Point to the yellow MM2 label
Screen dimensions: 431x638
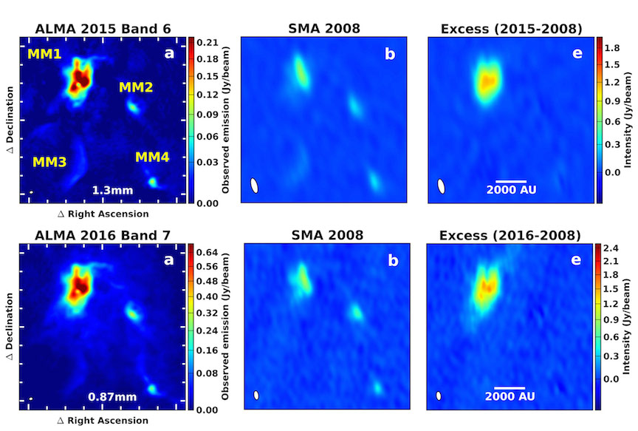pyautogui.click(x=136, y=88)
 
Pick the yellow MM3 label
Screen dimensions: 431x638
pyautogui.click(x=49, y=161)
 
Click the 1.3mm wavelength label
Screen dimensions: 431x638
pyautogui.click(x=112, y=191)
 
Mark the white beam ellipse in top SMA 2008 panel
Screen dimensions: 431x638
pyautogui.click(x=254, y=186)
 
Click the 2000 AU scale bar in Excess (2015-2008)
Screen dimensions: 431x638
pyautogui.click(x=510, y=181)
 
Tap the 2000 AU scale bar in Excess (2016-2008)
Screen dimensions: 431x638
pyautogui.click(x=510, y=387)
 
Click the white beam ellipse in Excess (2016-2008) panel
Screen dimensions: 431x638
pyautogui.click(x=439, y=396)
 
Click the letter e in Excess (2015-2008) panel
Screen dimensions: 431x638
pyautogui.click(x=577, y=53)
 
